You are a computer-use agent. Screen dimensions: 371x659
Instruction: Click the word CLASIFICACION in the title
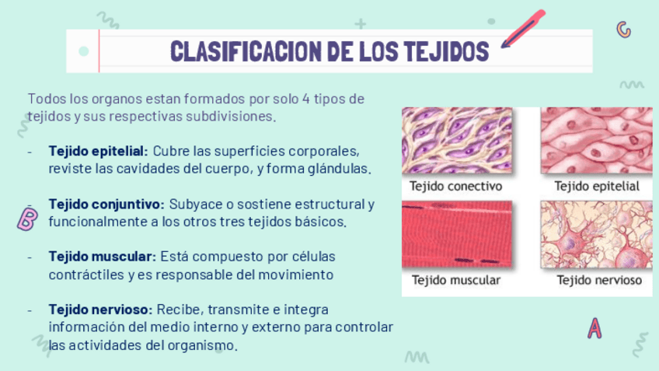(238, 51)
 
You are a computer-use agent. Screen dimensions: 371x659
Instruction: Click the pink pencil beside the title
(523, 29)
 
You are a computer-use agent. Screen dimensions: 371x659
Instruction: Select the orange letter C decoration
(622, 30)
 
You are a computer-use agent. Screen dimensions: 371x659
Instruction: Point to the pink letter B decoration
(26, 219)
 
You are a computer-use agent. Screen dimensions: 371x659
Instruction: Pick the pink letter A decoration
(594, 327)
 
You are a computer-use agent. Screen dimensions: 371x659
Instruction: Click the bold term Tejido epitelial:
(98, 150)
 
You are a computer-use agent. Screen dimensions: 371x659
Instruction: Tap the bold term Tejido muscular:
(103, 256)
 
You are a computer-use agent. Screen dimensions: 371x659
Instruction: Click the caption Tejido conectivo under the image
(456, 187)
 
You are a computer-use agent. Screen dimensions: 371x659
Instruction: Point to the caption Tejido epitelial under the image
(597, 187)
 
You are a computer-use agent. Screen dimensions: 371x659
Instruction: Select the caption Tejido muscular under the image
(456, 280)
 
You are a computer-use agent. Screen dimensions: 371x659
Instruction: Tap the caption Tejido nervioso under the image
(599, 280)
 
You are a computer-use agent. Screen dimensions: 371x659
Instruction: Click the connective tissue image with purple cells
(457, 141)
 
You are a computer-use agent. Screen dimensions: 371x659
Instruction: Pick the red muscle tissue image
(457, 234)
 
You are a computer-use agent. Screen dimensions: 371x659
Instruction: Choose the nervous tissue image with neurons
(596, 234)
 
